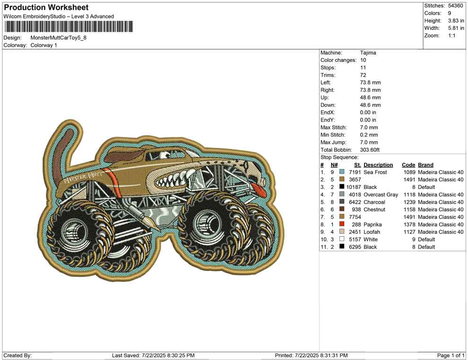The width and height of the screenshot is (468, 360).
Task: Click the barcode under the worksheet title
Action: click(69, 26)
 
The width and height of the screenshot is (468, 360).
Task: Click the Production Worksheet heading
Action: click(46, 8)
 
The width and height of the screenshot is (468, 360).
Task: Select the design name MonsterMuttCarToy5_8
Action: click(59, 38)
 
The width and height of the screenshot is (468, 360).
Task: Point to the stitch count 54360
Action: click(455, 6)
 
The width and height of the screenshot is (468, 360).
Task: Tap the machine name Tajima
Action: click(368, 53)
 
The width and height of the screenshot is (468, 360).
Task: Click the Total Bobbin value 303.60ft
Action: click(370, 150)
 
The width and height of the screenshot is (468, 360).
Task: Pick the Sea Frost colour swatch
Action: click(342, 172)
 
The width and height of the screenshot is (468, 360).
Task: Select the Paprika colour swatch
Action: click(342, 224)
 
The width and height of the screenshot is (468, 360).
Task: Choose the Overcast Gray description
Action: click(381, 195)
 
